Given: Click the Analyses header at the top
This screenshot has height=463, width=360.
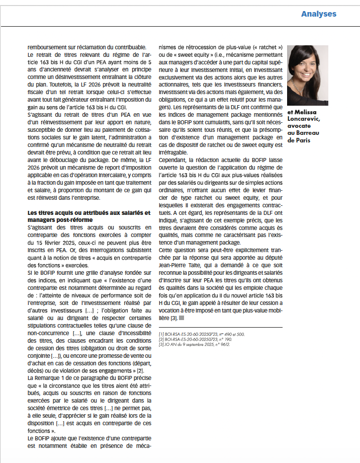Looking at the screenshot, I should pyautogui.click(x=319, y=14).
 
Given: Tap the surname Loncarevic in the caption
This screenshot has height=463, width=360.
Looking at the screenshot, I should pyautogui.click(x=306, y=118).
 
